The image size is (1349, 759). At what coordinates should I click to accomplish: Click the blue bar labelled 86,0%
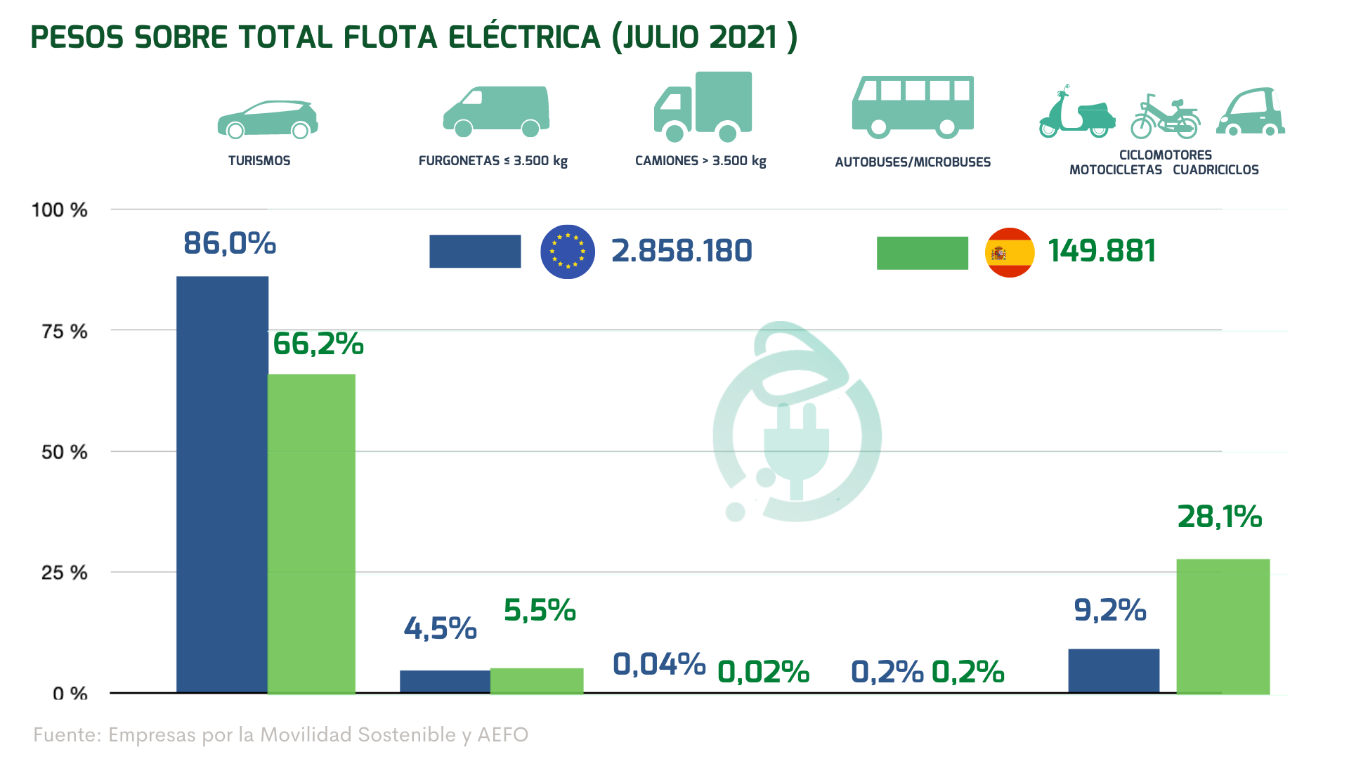click(x=222, y=485)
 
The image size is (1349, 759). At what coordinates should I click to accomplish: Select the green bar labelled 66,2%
click(x=311, y=534)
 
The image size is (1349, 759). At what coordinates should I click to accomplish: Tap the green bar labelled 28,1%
click(x=1223, y=626)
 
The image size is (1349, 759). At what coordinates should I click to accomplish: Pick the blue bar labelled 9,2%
click(x=1114, y=670)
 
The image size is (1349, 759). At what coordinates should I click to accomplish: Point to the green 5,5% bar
click(x=537, y=680)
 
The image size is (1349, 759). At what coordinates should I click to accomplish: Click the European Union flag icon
click(x=568, y=252)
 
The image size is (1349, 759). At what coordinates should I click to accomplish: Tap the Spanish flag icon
click(x=1010, y=252)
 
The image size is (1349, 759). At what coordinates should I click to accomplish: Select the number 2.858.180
click(x=682, y=251)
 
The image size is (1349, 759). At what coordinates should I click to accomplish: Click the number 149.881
click(x=1102, y=251)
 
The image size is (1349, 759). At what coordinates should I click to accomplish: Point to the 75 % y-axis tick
click(x=65, y=331)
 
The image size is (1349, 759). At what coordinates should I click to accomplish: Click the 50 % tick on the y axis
click(x=65, y=452)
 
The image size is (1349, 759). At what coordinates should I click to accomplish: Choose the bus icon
click(x=913, y=107)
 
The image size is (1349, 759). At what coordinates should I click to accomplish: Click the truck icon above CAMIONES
click(x=703, y=106)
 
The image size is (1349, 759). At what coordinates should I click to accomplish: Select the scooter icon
click(x=1076, y=113)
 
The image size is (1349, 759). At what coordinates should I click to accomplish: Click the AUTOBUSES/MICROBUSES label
click(x=913, y=162)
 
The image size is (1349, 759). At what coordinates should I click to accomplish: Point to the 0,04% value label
click(x=659, y=664)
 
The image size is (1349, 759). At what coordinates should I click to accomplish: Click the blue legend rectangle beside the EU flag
click(x=475, y=252)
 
